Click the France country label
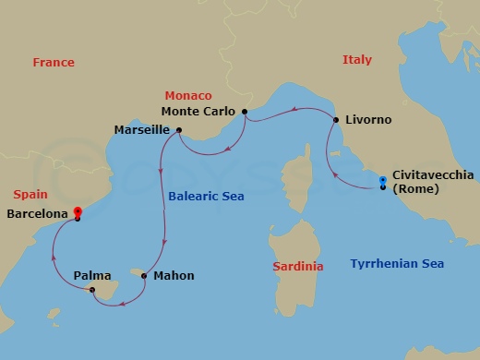tap(54, 63)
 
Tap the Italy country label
tap(357, 60)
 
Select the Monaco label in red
tap(188, 96)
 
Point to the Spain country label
tap(30, 196)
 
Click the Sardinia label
tap(298, 267)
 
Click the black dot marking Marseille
tap(178, 130)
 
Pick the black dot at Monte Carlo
tap(244, 113)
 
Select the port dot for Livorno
tap(335, 120)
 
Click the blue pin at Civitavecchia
tap(383, 182)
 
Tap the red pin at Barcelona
tap(78, 212)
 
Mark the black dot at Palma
tap(92, 291)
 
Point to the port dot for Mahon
tap(144, 275)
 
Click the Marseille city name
tap(140, 130)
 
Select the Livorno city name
tap(368, 120)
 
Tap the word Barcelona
tap(37, 214)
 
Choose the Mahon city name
tap(174, 275)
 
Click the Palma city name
tap(92, 275)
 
